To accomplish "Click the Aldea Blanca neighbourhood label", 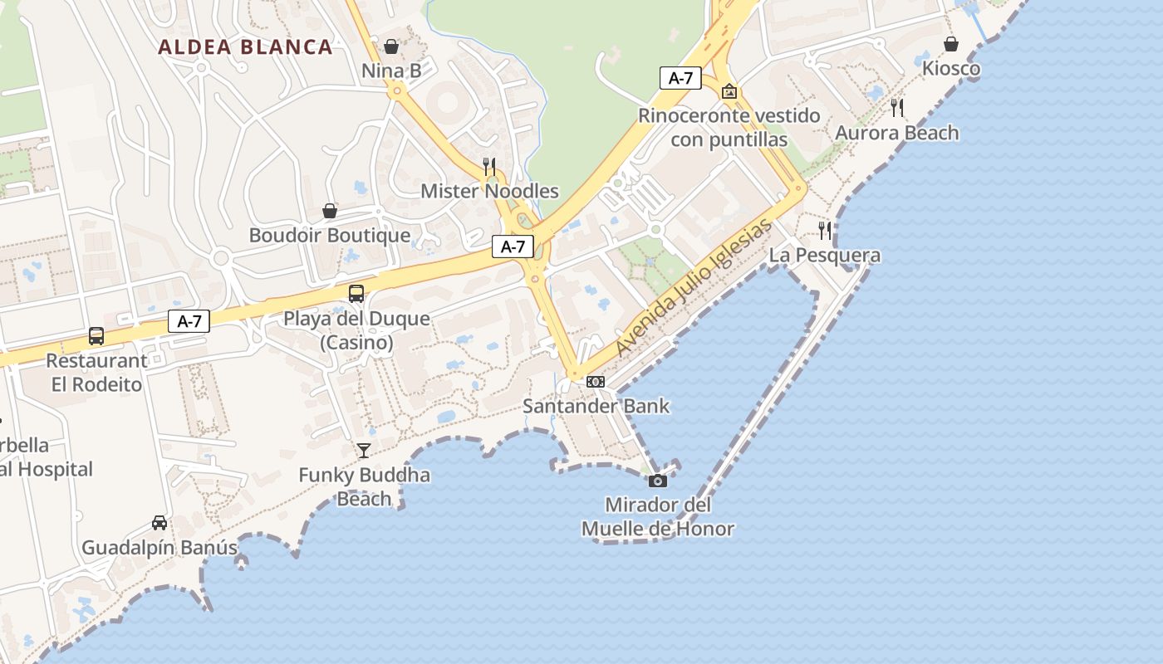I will pyautogui.click(x=245, y=46).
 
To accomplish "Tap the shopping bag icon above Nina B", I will pyautogui.click(x=391, y=46).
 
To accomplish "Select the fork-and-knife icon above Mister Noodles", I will pyautogui.click(x=489, y=167).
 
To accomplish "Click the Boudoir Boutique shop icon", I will pyautogui.click(x=330, y=211).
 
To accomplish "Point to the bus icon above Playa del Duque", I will pyautogui.click(x=356, y=293).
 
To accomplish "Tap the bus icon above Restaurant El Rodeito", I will pyautogui.click(x=96, y=336).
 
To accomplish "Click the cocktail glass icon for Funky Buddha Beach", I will pyautogui.click(x=364, y=451).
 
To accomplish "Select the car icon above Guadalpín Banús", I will pyautogui.click(x=159, y=523).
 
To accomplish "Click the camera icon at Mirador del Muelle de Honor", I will pyautogui.click(x=657, y=481).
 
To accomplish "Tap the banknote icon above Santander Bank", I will pyautogui.click(x=596, y=382).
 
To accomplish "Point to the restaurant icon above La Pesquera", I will pyautogui.click(x=824, y=230).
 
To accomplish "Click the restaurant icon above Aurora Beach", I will pyautogui.click(x=897, y=108).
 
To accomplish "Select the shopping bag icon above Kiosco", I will pyautogui.click(x=951, y=44).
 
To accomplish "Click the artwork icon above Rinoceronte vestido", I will pyautogui.click(x=729, y=91).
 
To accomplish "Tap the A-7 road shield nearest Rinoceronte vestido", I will pyautogui.click(x=680, y=78).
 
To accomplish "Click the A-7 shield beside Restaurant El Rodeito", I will pyautogui.click(x=189, y=321).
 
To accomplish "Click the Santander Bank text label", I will pyautogui.click(x=596, y=406).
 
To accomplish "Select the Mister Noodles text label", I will pyautogui.click(x=489, y=191).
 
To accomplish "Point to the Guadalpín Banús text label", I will pyautogui.click(x=159, y=548).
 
